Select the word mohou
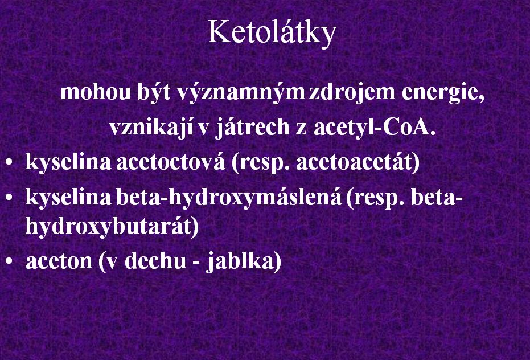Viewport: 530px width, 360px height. pos(95,92)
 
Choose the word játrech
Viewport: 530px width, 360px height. pos(253,128)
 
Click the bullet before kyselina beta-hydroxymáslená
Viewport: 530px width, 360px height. pos(9,198)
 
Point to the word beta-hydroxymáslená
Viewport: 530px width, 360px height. pos(229,198)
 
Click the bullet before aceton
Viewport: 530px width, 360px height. pos(9,261)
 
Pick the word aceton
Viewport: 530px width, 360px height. pos(59,262)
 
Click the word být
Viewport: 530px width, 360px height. pos(154,92)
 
